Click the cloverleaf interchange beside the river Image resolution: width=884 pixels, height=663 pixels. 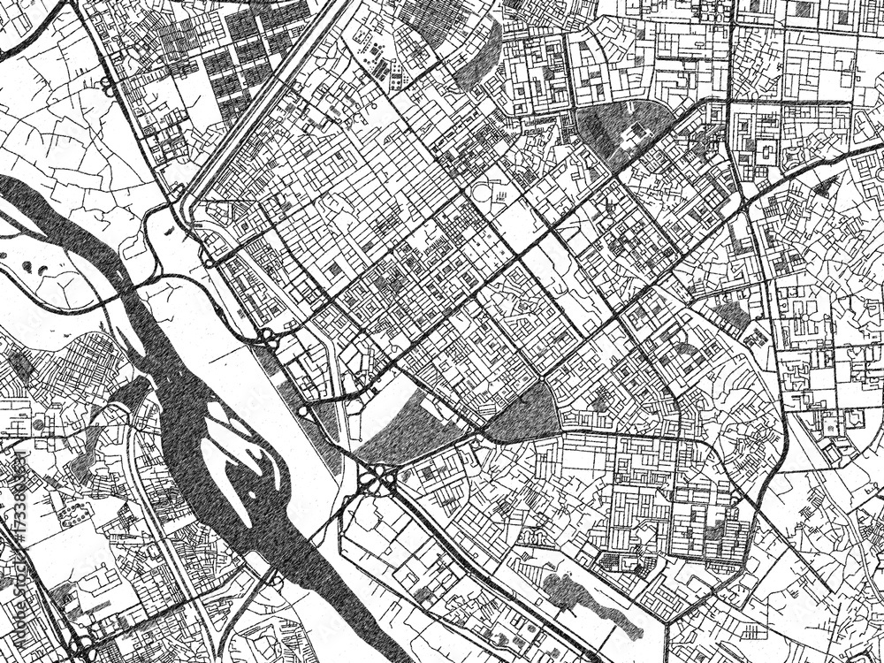[x=377, y=480]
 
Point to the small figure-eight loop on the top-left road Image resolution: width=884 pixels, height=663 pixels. [x=107, y=86]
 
